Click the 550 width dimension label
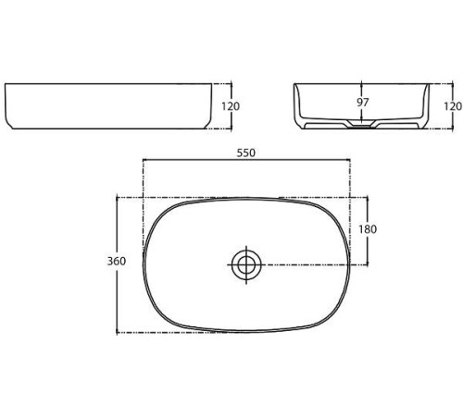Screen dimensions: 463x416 click(x=246, y=153)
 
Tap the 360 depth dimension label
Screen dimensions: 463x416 click(x=117, y=261)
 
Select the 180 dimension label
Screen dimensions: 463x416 click(x=368, y=229)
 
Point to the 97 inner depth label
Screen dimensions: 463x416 click(x=363, y=103)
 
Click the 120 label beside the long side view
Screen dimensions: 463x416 click(x=231, y=106)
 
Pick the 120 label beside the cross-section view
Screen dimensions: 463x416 click(x=453, y=106)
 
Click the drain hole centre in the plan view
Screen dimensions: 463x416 click(x=246, y=264)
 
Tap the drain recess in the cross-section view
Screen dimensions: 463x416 click(x=362, y=124)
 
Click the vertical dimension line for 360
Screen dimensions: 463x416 click(x=117, y=265)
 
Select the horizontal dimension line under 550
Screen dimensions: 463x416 click(x=246, y=160)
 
